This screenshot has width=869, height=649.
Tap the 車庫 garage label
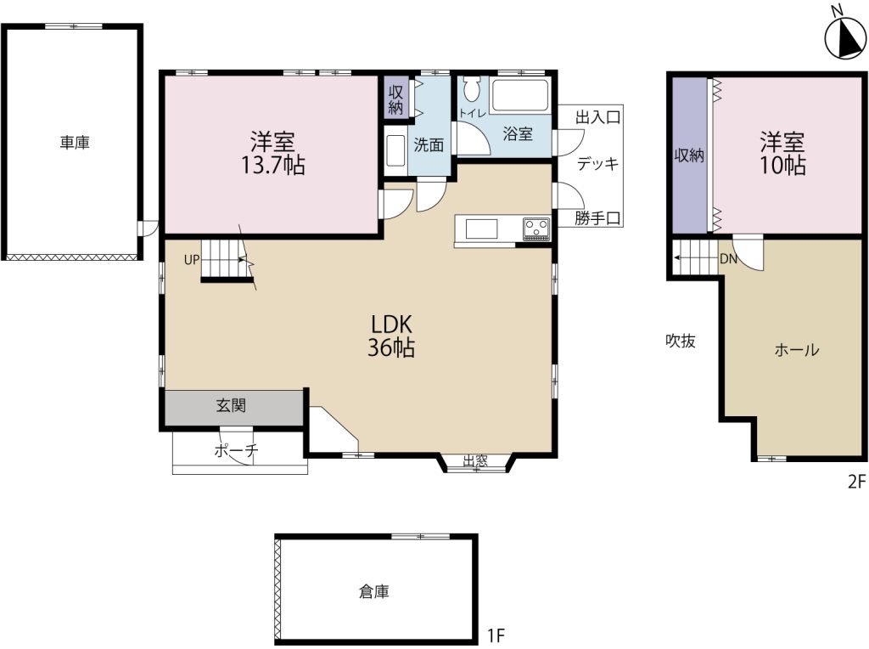[75, 144]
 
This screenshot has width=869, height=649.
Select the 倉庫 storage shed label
[374, 592]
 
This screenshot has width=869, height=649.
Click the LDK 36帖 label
[391, 336]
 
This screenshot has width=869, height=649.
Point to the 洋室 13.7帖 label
[272, 152]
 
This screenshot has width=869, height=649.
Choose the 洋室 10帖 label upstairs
[782, 152]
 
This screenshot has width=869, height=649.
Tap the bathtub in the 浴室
[521, 96]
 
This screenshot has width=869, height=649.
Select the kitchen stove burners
[536, 228]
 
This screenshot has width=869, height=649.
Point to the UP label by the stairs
[191, 260]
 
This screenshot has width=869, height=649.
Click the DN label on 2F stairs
[727, 259]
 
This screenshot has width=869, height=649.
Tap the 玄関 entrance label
[231, 407]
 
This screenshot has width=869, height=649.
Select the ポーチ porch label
[235, 451]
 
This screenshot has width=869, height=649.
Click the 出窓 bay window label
[475, 461]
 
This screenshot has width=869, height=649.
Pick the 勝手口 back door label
[597, 218]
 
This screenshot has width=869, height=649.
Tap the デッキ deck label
[597, 164]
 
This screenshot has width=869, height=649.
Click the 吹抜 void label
[681, 341]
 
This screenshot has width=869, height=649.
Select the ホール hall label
[796, 350]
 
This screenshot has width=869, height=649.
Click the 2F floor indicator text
[855, 482]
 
